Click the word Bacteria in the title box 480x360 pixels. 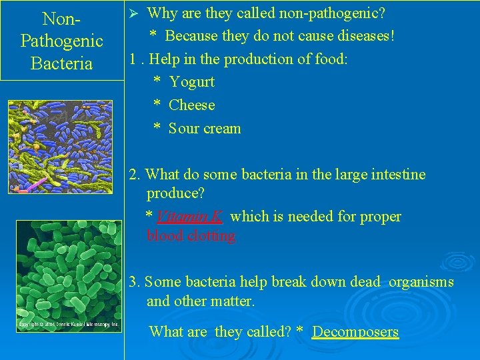62,64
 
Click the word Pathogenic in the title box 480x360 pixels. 62,41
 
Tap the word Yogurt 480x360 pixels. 192,82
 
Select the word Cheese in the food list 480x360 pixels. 192,105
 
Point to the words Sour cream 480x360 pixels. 205,129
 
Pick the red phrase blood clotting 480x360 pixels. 191,236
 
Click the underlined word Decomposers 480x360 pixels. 355,332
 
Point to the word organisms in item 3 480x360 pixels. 421,282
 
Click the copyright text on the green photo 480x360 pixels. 69,325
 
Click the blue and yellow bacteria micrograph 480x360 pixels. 60,147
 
